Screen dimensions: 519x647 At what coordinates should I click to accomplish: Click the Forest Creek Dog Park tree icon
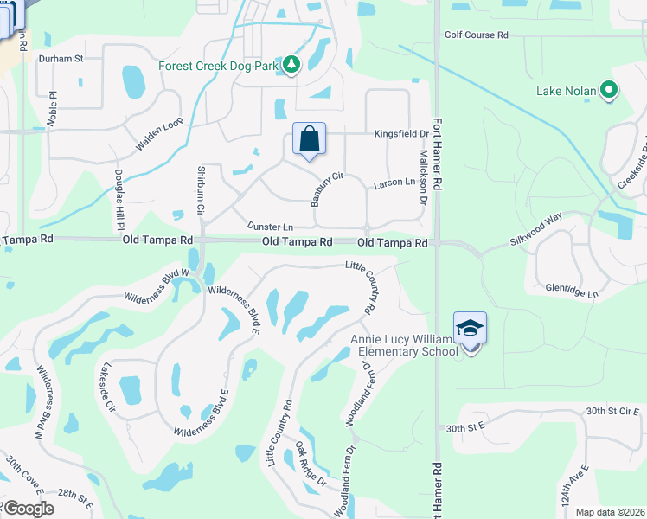pos(292,65)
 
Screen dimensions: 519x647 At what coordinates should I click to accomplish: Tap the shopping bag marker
pos(309,138)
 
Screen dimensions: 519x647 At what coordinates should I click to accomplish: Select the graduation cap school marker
pos(470,329)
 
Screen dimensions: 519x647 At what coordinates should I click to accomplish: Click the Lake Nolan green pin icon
pos(609,90)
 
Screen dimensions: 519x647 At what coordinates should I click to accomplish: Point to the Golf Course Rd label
pos(477,35)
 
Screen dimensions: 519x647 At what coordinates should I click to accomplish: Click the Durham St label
pos(60,59)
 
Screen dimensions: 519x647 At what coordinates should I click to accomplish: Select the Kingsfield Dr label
pos(401,135)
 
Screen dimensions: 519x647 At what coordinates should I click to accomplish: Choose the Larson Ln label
pos(394,184)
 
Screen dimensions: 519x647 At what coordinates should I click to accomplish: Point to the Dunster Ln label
pos(270,226)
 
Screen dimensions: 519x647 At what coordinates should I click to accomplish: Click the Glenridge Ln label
pos(571,293)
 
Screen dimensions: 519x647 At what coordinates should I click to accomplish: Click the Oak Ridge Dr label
pos(310,464)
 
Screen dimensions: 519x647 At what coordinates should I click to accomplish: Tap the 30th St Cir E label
pos(616,411)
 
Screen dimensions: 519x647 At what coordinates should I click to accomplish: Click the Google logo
pos(28,509)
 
